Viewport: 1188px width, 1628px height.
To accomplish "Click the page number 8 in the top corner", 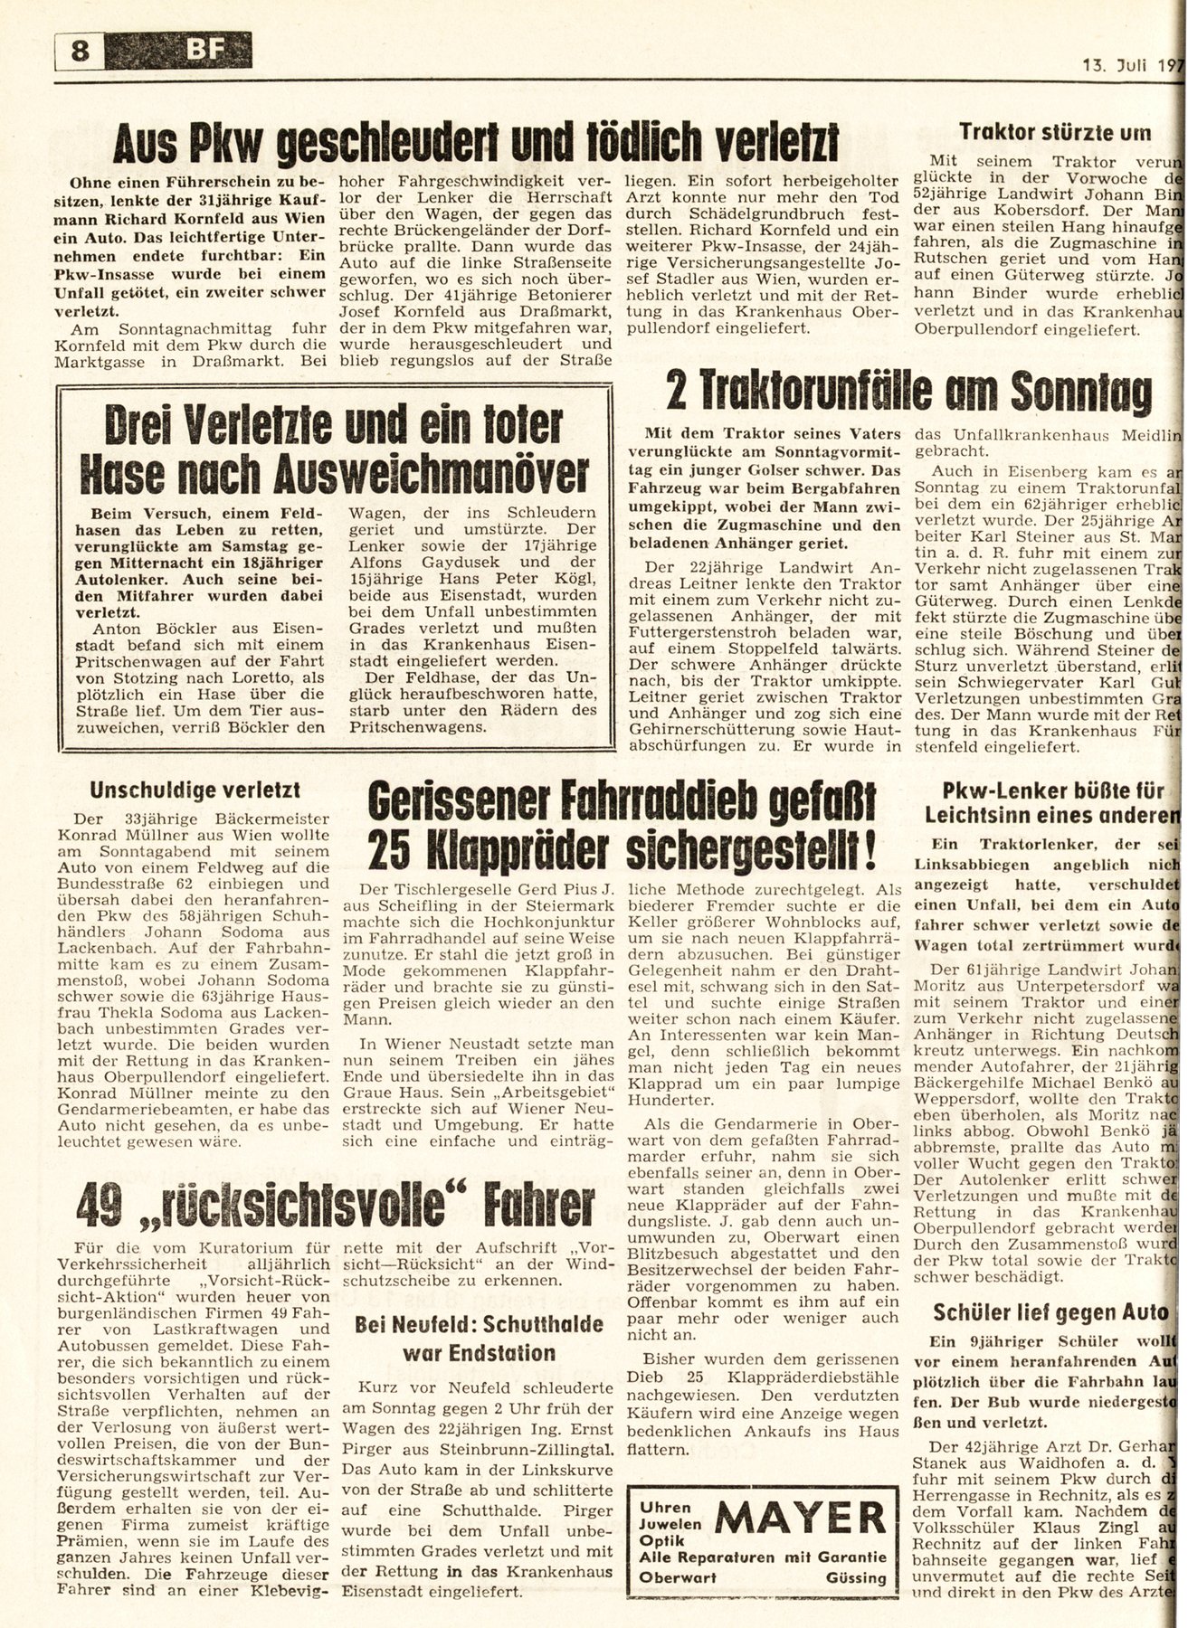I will [81, 52].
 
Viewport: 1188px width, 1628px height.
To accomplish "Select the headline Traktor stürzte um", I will [1056, 133].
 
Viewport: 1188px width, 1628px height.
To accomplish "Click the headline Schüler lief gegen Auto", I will [1056, 1311].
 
